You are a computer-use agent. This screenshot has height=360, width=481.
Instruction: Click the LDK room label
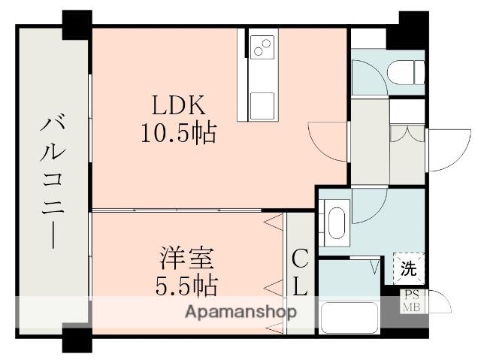pos(179,105)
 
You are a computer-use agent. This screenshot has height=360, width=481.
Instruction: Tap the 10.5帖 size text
pos(179,133)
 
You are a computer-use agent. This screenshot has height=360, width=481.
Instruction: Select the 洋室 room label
pos(187,258)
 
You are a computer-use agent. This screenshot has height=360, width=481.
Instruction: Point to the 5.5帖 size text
pos(186,286)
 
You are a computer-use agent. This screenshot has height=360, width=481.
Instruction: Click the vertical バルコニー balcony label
pos(53,180)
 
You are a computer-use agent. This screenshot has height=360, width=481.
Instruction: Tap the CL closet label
pos(300,272)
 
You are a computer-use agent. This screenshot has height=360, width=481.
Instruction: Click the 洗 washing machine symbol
pos(409,268)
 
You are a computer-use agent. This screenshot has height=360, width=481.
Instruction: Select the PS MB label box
pos(411,301)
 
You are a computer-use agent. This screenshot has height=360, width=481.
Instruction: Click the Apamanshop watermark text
pos(240,313)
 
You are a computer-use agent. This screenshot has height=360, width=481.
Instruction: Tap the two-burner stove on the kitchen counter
pos(262,47)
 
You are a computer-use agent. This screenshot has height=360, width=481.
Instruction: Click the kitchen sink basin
pos(262,106)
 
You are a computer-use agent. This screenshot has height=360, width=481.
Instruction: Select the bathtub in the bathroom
pos(349,318)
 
